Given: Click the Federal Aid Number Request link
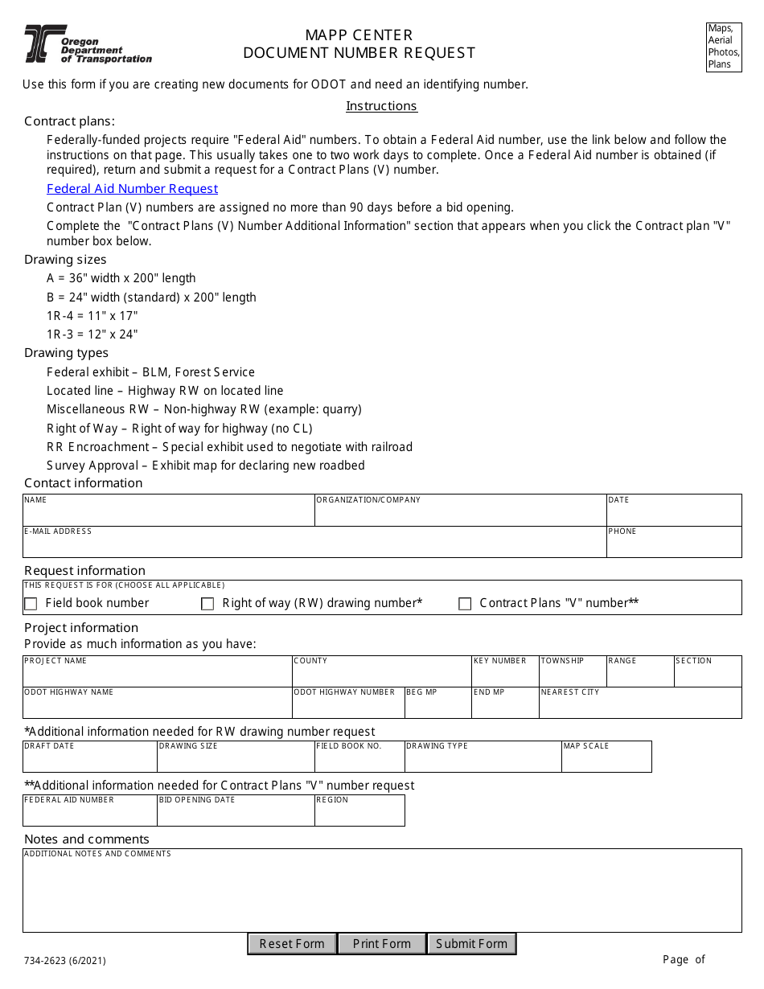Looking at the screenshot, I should [132, 189].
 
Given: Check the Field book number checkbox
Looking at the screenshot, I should [31, 604].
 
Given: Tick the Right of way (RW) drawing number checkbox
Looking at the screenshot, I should [207, 604].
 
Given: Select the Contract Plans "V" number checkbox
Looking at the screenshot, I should [465, 604].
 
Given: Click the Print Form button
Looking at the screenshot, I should [381, 944].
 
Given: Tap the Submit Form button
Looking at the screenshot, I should [471, 944].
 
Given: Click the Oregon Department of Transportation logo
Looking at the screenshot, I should [88, 44].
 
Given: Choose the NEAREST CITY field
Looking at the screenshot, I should [639, 706].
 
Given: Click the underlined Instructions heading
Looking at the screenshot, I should [381, 106].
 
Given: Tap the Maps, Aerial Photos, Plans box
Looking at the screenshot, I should [724, 47].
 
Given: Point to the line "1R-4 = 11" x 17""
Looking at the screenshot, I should [92, 316].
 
